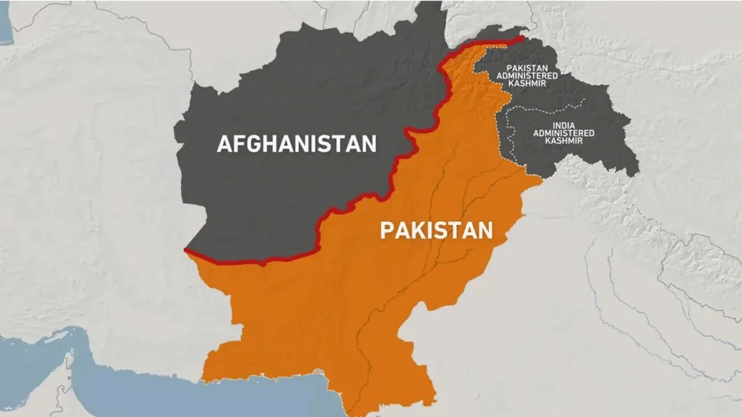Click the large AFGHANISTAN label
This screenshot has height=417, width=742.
[x=297, y=143]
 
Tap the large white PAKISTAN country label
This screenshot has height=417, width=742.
[x=436, y=231]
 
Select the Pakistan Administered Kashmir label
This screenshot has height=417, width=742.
[x=527, y=75]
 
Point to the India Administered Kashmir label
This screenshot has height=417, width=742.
[x=563, y=133]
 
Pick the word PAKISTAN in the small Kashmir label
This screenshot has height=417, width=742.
[x=527, y=67]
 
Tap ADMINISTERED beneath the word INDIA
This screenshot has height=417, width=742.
[x=563, y=133]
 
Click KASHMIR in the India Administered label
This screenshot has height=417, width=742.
[x=563, y=141]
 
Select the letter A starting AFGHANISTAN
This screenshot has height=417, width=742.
[x=225, y=144]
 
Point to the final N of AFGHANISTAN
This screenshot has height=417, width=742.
[x=369, y=144]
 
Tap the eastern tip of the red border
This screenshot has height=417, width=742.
[x=522, y=38]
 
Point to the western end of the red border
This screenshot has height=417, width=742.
[x=185, y=250]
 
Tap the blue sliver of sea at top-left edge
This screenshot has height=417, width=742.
[x=5, y=26]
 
